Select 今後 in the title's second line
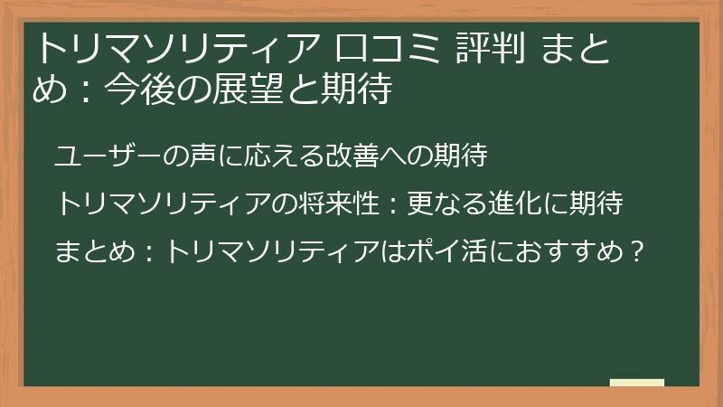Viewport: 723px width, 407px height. click(127, 90)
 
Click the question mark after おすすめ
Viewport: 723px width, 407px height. click(638, 251)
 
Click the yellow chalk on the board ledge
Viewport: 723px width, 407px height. click(637, 383)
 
